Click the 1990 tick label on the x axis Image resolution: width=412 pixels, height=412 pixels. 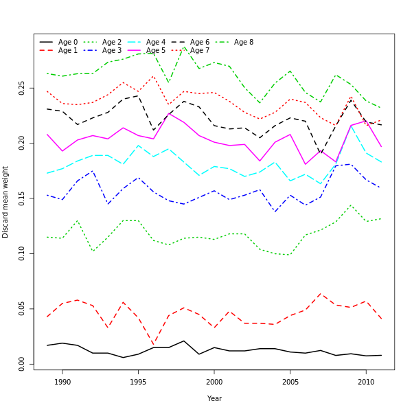click(62, 382)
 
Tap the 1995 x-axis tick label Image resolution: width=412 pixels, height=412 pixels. click(138, 382)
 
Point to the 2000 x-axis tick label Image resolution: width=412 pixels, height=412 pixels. click(214, 382)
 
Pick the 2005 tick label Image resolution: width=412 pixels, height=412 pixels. click(290, 382)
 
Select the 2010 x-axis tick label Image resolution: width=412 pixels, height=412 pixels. click(366, 382)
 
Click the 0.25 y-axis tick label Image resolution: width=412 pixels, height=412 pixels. click(22, 88)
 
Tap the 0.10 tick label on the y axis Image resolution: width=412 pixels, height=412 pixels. click(22, 253)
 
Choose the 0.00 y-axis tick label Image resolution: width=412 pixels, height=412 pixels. click(22, 363)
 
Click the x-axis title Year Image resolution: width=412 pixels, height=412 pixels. click(214, 398)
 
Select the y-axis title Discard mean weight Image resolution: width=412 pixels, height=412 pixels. click(6, 202)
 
